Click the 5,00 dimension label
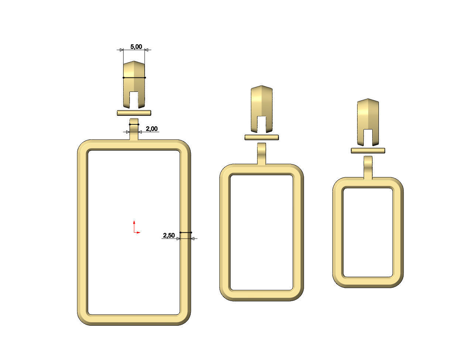[136, 46]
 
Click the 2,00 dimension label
[152, 129]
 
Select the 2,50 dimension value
[169, 235]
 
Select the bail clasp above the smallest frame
[368, 114]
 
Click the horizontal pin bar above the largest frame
[134, 112]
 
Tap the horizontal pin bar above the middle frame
[262, 138]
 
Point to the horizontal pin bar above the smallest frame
[368, 150]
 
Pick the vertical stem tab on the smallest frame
[368, 167]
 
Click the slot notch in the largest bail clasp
[134, 100]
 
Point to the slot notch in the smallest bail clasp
[368, 137]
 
